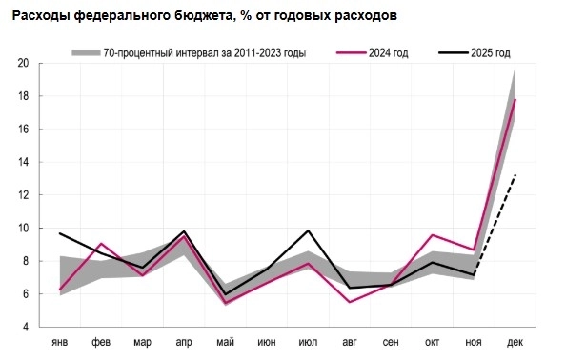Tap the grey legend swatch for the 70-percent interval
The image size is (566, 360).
[x=87, y=52]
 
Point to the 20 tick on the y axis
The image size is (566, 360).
[x=22, y=64]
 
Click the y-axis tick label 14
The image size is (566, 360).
[x=22, y=162]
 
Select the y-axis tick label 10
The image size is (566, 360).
[x=22, y=229]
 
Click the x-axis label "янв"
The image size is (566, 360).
[x=59, y=341]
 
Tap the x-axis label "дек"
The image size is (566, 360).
[x=515, y=341]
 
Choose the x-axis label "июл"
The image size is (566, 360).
[x=308, y=341]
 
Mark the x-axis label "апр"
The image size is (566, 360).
[x=184, y=341]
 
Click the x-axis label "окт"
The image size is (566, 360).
[x=432, y=341]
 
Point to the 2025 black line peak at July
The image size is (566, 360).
[x=308, y=230]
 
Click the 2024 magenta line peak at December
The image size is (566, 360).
[x=515, y=99]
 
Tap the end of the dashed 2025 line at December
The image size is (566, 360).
[x=515, y=174]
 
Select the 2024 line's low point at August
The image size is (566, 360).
[x=349, y=302]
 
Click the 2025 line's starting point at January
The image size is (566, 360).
[x=60, y=233]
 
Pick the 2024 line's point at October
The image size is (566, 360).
[x=432, y=234]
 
